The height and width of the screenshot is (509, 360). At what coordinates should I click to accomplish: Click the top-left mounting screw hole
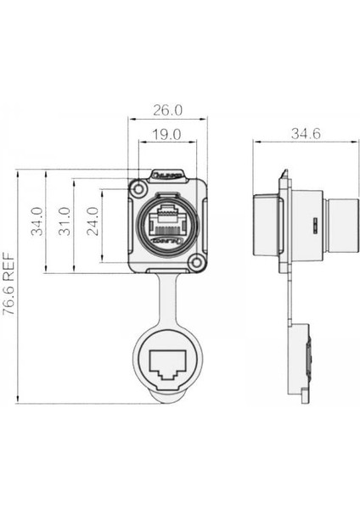(136, 186)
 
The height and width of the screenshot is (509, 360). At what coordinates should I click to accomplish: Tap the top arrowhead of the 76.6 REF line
(20, 172)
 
